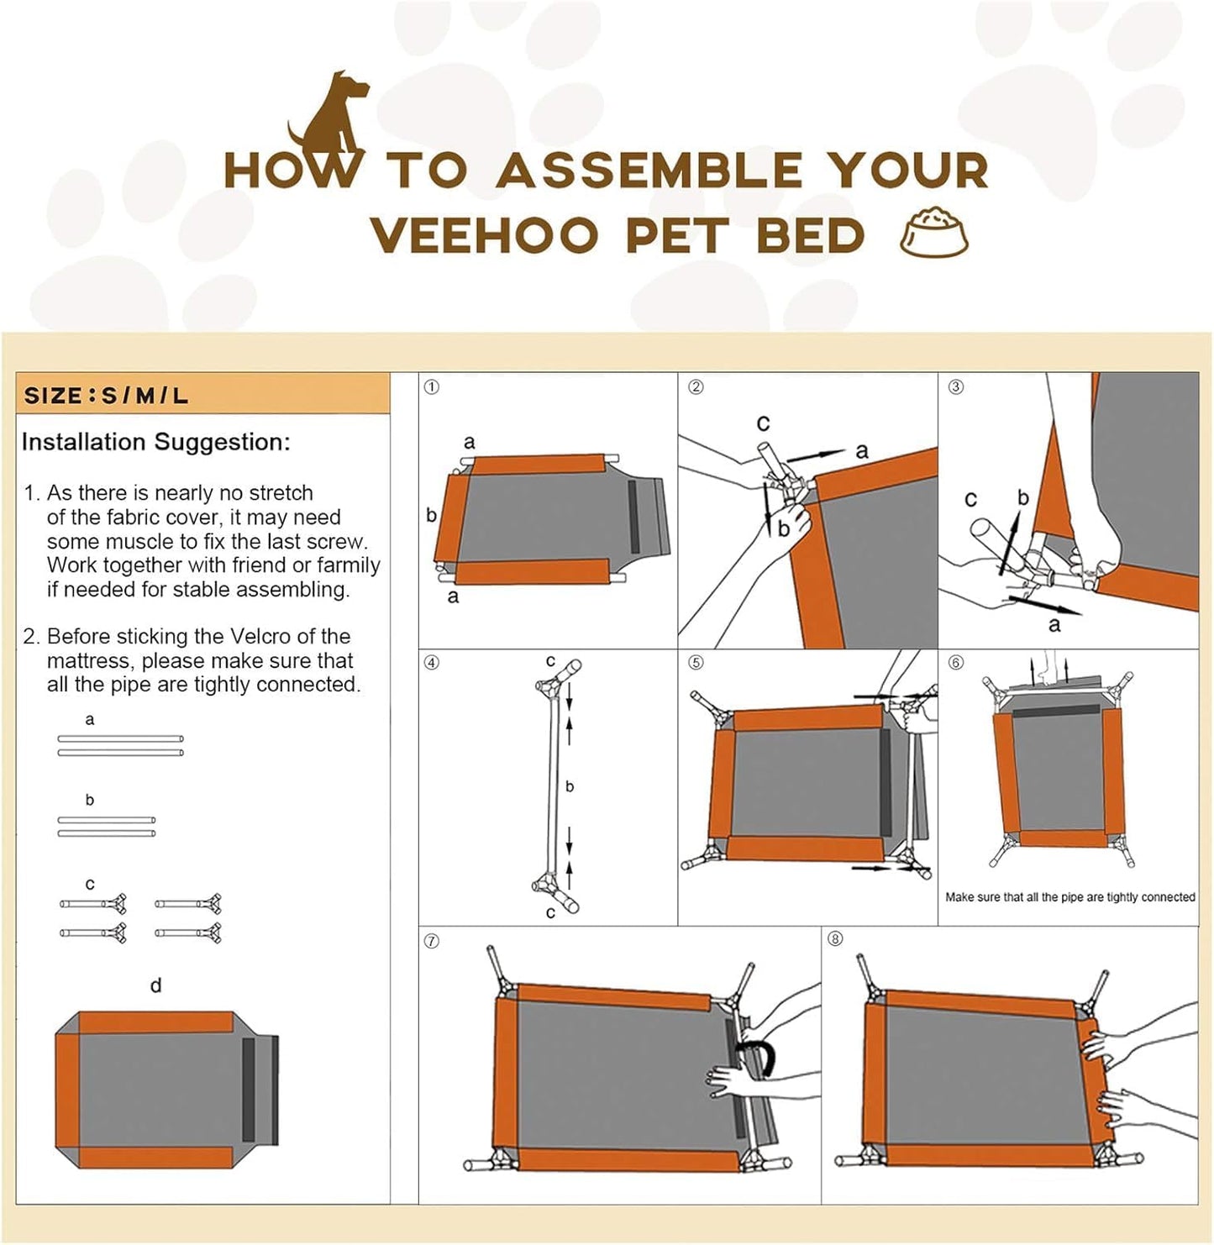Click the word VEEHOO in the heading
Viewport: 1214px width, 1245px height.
coord(484,235)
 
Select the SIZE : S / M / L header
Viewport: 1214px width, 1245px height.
coord(106,396)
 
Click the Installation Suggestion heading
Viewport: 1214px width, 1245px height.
coord(156,442)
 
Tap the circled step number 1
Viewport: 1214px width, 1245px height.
coord(432,387)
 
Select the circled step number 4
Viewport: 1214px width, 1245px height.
coord(432,663)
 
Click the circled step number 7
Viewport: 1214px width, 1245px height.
coord(432,941)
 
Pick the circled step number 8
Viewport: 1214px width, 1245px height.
coord(834,938)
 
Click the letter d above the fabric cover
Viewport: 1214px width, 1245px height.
coord(155,985)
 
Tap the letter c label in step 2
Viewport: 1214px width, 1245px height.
coord(763,423)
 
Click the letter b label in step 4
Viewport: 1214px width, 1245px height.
coord(570,786)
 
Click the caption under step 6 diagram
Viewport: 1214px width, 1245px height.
coord(1069,897)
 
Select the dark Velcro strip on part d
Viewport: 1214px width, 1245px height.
coord(249,1090)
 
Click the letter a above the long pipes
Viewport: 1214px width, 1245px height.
coord(90,720)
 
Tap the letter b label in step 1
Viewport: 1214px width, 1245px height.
coord(431,515)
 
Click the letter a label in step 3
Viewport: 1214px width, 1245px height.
coord(1054,625)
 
